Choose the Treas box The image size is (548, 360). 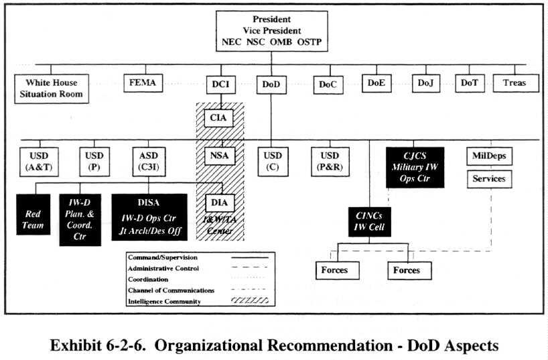point(515,83)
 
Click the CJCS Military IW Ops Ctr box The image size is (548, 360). point(415,166)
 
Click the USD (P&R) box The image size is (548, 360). point(330,162)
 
